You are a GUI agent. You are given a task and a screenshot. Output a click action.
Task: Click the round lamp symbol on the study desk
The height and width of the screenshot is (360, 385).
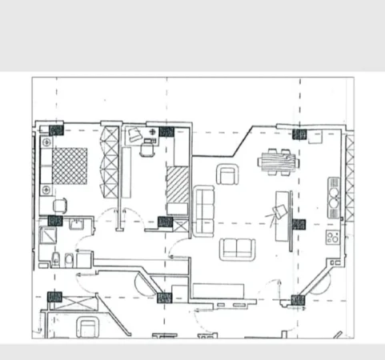153,131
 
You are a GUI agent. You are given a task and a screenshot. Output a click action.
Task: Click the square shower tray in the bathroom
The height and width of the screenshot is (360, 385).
48,237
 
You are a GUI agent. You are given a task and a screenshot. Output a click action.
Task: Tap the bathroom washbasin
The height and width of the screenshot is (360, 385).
78,226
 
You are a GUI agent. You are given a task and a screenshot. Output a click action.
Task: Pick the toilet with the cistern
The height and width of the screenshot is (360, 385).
56,259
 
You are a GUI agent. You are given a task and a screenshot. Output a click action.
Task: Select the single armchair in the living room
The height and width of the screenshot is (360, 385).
229,173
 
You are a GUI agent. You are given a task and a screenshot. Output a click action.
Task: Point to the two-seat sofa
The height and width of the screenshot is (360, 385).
235,249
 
